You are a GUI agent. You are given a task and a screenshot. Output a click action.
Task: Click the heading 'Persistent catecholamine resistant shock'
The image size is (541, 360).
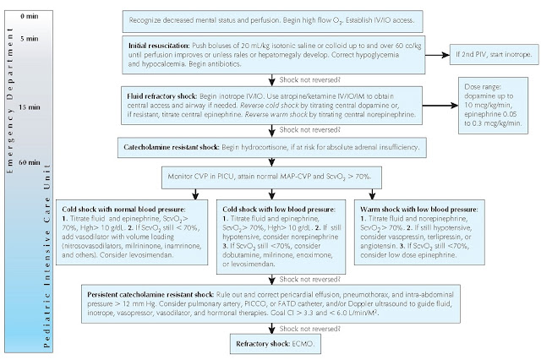[165, 290]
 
